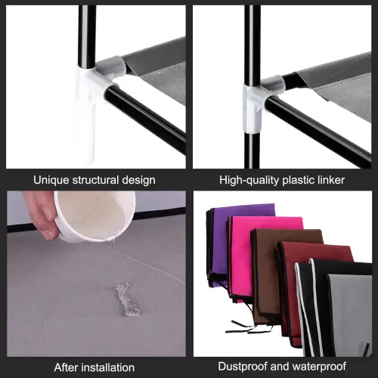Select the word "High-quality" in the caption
pos(249,181)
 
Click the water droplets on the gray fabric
pos(127,299)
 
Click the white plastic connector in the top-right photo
pos(253,108)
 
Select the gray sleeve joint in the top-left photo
pos(110,67)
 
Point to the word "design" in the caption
pos(139,181)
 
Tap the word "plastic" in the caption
pos(298,181)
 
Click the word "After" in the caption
pos(67,367)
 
